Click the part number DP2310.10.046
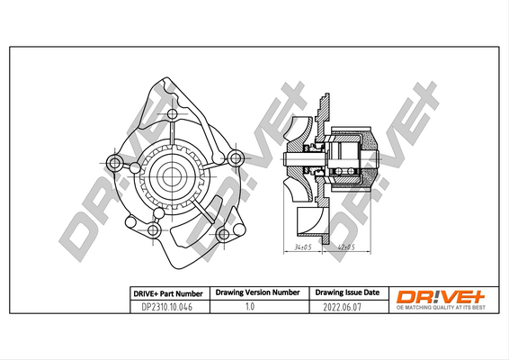[167, 307]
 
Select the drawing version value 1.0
[250, 306]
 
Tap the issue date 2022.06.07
[342, 307]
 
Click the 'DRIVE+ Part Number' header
[168, 293]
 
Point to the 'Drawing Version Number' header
[257, 292]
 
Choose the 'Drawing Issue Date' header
[347, 292]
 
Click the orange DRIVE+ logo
[441, 296]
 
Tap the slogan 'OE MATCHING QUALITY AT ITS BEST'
[441, 308]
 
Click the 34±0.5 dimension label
[302, 247]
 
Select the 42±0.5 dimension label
[346, 247]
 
